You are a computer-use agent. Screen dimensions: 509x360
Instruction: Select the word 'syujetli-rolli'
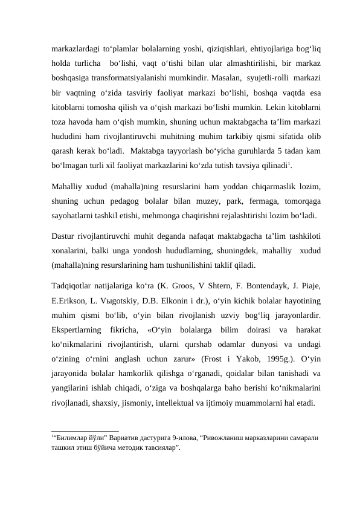(x=270, y=79)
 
